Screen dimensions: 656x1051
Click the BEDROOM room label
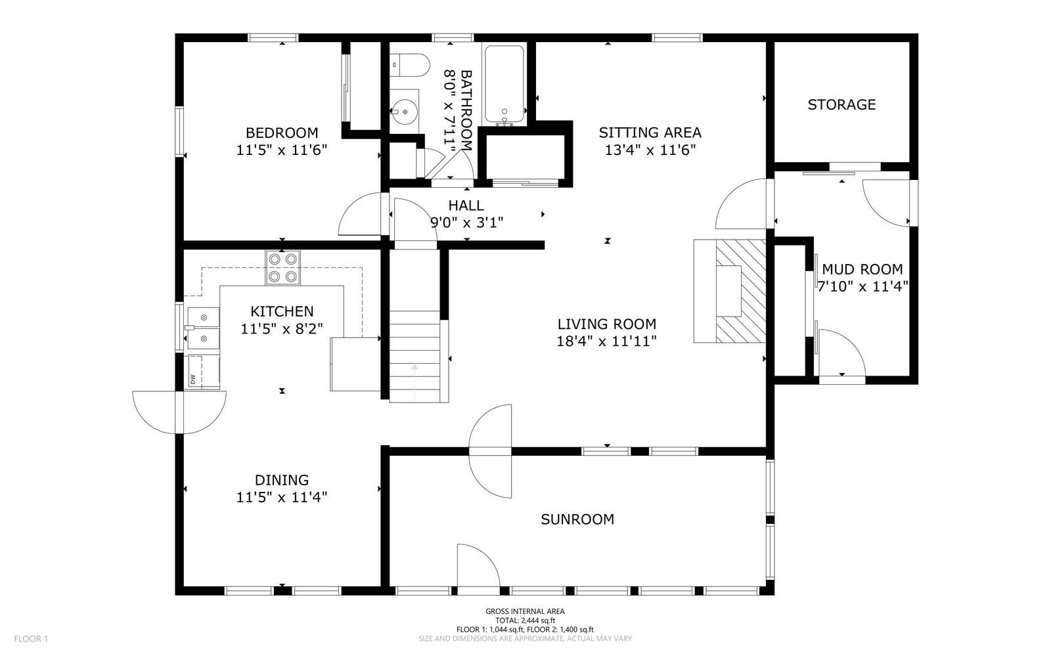click(282, 133)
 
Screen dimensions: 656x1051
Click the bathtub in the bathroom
click(504, 84)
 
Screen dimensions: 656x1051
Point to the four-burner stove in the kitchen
click(282, 268)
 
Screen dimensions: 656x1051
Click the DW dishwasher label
click(192, 380)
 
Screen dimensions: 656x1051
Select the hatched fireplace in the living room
click(740, 291)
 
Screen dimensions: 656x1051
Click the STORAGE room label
click(841, 104)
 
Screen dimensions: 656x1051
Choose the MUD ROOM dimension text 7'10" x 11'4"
click(862, 286)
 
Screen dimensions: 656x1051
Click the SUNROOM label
click(577, 519)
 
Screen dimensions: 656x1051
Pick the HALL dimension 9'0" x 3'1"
click(466, 223)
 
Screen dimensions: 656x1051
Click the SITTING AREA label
click(650, 133)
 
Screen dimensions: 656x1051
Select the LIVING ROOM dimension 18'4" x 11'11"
click(606, 341)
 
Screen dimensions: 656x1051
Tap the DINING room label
click(282, 480)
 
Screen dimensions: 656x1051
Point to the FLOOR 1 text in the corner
click(32, 638)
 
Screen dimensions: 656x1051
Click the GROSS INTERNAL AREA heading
click(525, 611)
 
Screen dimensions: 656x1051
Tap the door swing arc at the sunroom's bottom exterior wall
click(478, 566)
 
